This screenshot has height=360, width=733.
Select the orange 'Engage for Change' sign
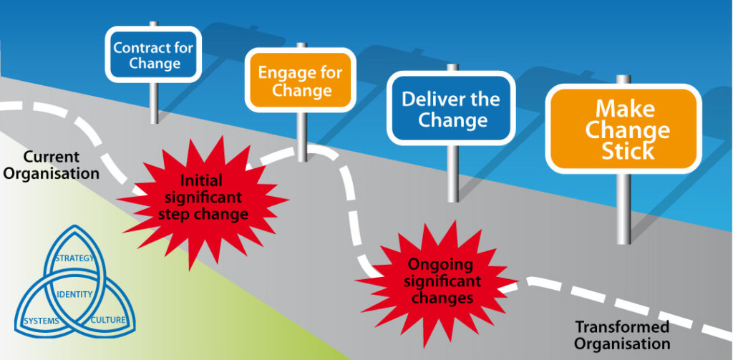click(301, 81)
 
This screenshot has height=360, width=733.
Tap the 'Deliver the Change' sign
click(450, 110)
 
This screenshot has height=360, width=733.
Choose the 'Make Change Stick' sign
click(624, 130)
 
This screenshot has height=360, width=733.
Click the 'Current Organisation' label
click(52, 165)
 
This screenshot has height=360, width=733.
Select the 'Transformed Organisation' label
click(622, 335)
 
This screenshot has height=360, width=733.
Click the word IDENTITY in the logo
click(74, 295)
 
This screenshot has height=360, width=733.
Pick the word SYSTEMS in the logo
click(41, 321)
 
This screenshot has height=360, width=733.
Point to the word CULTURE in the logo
click(108, 320)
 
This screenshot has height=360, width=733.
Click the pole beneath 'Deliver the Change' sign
click(452, 172)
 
